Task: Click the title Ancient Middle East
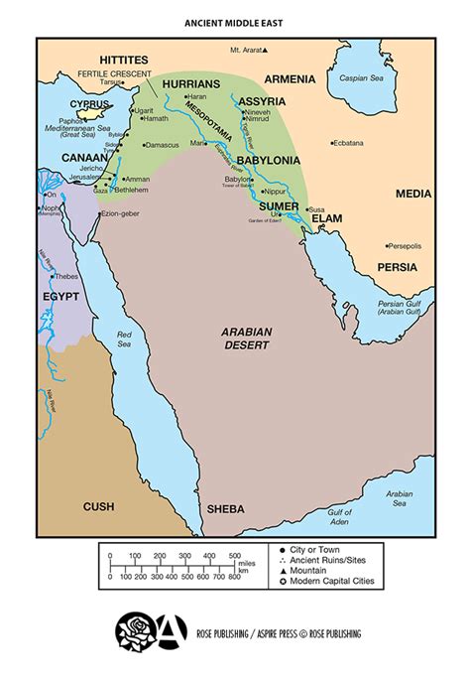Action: (235, 20)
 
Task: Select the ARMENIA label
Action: (290, 79)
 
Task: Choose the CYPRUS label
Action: (88, 103)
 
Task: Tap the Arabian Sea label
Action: (400, 497)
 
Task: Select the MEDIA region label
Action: (413, 194)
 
